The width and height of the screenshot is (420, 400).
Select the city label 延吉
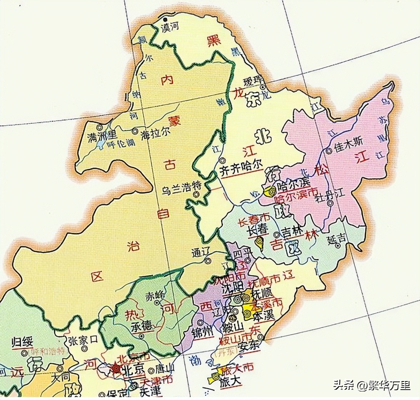337,238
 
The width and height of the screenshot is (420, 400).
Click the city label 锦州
202,331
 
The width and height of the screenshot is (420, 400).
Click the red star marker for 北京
116,369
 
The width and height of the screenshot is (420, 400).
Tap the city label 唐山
165,370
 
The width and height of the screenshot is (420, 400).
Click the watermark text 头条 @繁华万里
372,385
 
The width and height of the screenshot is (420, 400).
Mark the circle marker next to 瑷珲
263,87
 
